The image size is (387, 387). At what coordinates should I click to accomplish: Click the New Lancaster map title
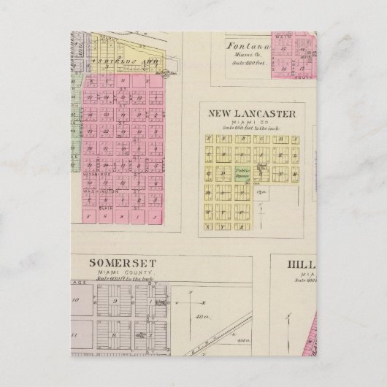[x=252, y=113]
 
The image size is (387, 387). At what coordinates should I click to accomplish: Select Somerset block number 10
[x=76, y=300]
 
